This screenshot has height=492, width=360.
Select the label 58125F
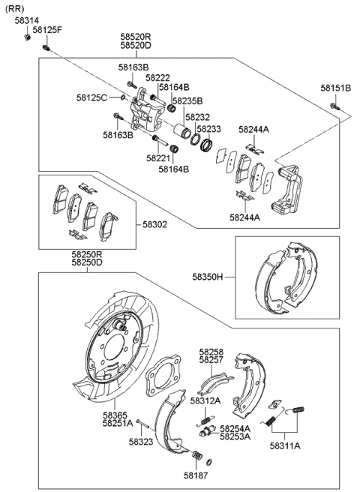pos(46,29)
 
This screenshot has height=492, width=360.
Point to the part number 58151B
pos(335,88)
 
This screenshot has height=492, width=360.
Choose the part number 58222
pos(157,77)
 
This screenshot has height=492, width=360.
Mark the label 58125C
pos(91,97)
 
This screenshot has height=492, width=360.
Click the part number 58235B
pos(187,100)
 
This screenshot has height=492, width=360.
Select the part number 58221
pos(157,158)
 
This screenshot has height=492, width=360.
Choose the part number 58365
pos(114,415)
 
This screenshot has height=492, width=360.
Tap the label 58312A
pos(205,401)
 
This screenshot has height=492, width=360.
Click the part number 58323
pos(140,442)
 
